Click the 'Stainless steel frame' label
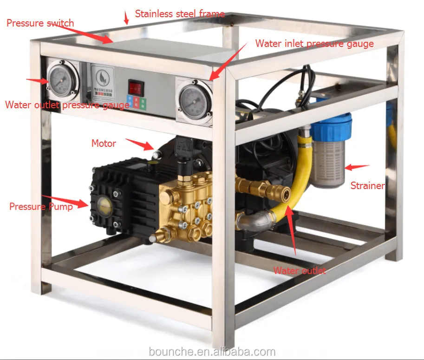pos(180,14)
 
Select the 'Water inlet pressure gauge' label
pos(314,44)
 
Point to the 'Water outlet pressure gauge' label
pos(67,105)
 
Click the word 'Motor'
pos(104,144)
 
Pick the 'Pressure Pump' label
pos(41,207)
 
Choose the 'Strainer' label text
pos(367,186)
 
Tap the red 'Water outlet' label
pos(300,270)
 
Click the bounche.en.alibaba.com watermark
pos(212,352)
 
